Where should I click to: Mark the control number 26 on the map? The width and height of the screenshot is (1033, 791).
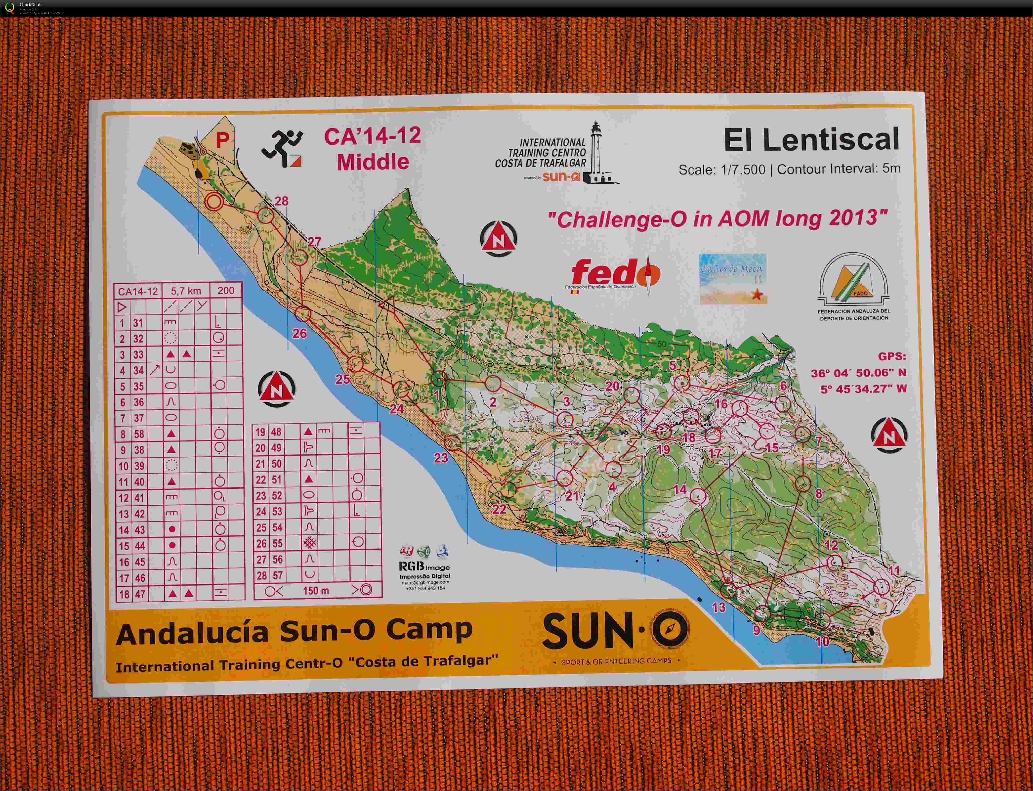click(x=300, y=333)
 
